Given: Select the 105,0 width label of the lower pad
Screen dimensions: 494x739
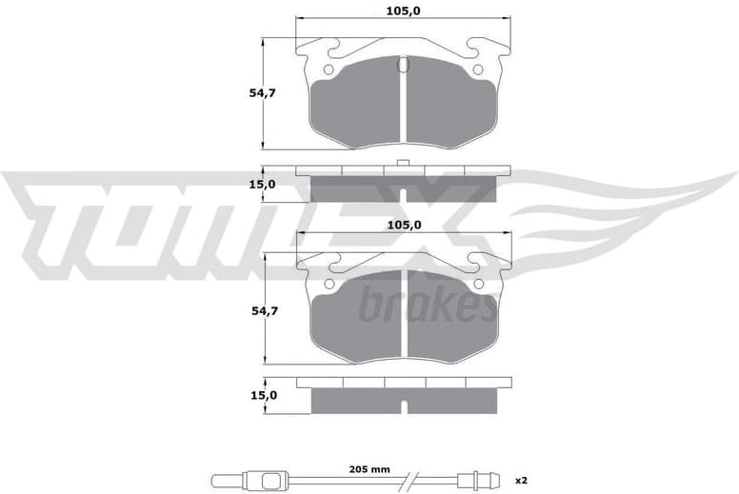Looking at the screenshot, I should coord(404,225).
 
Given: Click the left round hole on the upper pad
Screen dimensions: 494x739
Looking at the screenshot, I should coord(329,69).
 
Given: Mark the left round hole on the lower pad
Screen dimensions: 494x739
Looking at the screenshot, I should coord(329,284).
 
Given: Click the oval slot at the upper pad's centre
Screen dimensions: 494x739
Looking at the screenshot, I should coord(403,66).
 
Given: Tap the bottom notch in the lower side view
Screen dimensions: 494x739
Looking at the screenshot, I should coord(404,407).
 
